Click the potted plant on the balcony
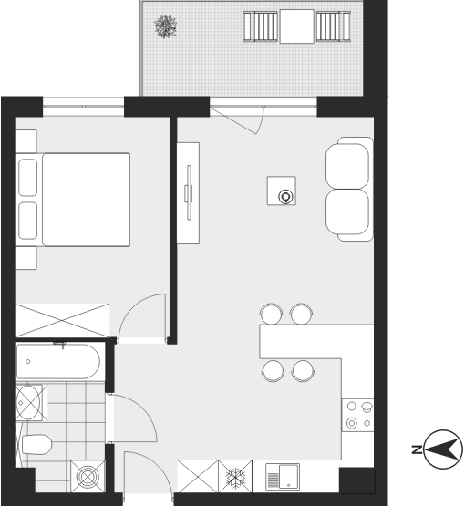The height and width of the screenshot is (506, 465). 166,26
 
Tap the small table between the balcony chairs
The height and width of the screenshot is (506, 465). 296,26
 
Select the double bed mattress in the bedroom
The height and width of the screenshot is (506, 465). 86,200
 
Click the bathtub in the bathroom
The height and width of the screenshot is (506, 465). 58,361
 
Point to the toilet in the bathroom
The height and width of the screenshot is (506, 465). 36,444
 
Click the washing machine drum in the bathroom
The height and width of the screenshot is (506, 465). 88,476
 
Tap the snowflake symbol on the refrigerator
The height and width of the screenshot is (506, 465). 235,477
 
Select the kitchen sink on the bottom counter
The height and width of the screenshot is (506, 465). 283,476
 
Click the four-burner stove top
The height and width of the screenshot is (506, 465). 357,415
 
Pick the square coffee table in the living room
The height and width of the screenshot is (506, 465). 282,191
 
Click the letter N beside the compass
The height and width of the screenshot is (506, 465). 417,449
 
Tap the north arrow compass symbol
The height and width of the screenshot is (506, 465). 443,449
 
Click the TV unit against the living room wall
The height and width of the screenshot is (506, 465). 188,193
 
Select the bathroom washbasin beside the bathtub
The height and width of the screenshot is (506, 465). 28,402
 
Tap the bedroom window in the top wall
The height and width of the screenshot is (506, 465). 83,107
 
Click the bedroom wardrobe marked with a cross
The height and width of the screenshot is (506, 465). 62,320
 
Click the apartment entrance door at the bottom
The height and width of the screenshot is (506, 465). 148,473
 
